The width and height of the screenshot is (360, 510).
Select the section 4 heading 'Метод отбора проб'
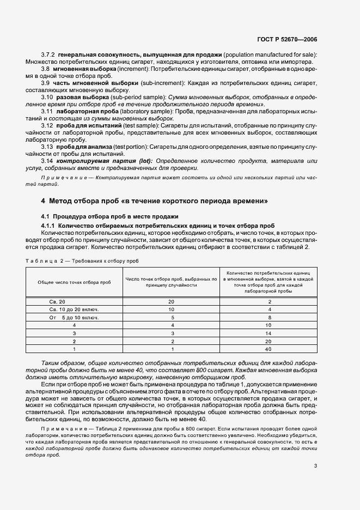tap(155, 201)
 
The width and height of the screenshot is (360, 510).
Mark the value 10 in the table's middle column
tap(171, 309)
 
